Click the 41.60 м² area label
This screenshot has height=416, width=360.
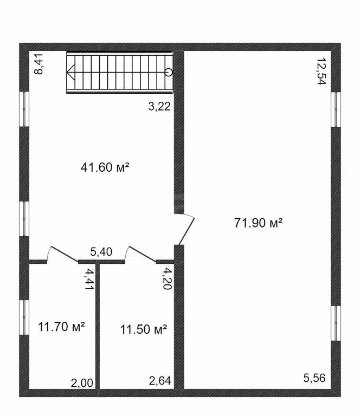coord(105,167)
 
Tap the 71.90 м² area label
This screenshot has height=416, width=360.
coord(258,223)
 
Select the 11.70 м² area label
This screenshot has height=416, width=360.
coord(62,327)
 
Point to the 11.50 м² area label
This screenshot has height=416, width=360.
coord(144,329)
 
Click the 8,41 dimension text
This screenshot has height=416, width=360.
coord(38,64)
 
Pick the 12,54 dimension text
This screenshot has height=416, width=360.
coord(322,71)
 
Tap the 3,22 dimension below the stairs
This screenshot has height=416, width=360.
coord(159,107)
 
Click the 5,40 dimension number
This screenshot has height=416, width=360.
coord(101,251)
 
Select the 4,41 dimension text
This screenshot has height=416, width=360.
coord(89,279)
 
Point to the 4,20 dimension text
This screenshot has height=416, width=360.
coord(168,278)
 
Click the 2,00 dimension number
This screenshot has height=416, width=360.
coord(82,383)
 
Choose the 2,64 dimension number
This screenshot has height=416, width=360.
coord(160,381)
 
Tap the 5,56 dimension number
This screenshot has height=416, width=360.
coord(314,378)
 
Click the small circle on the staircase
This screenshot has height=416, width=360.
coord(169,72)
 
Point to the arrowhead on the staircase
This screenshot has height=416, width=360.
coord(70,72)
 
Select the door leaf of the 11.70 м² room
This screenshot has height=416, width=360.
coord(65,255)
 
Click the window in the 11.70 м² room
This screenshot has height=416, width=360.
coord(24,317)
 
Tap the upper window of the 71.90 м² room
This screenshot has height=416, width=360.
coord(336,109)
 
